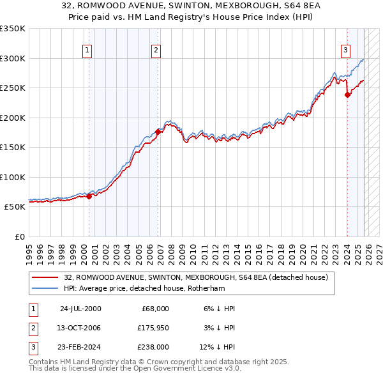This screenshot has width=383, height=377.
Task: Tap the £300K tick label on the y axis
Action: (12, 58)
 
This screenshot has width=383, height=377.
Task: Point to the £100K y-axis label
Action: (12, 177)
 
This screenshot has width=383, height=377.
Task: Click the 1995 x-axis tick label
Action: (29, 249)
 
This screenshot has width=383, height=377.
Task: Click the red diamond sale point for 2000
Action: (89, 196)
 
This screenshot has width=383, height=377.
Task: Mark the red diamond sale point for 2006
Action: (158, 132)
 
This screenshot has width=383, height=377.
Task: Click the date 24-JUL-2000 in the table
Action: (80, 309)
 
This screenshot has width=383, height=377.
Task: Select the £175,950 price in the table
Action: (153, 328)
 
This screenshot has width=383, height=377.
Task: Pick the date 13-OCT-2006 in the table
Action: (80, 328)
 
